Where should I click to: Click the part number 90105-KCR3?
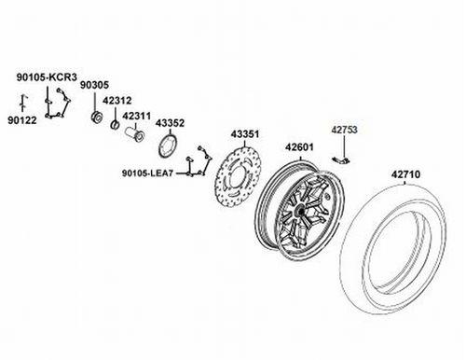[47, 77]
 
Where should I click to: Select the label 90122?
[22, 120]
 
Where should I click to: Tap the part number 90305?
[94, 85]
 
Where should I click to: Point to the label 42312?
[117, 101]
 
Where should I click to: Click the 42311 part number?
[136, 116]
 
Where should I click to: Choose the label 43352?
[170, 123]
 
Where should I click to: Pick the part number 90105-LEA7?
[147, 173]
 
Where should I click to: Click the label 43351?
[245, 134]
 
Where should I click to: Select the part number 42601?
[299, 147]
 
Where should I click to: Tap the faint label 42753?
[344, 130]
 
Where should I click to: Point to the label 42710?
[405, 174]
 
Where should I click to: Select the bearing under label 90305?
[97, 117]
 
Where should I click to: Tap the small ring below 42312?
[115, 125]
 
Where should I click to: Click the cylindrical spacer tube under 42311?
[135, 134]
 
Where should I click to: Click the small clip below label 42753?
[341, 160]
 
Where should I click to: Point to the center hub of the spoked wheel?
[301, 211]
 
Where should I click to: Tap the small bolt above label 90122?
[23, 102]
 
